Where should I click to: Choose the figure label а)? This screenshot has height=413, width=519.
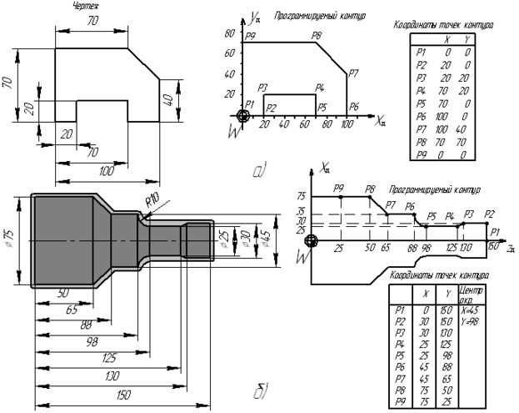[x=259, y=172]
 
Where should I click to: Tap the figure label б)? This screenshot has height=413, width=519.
[x=260, y=388]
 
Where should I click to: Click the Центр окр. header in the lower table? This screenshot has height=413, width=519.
[x=471, y=293]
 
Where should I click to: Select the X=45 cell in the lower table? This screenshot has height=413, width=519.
[x=471, y=309]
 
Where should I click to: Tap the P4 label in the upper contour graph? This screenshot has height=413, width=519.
[x=319, y=88]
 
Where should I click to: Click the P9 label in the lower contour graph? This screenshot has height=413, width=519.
[x=338, y=189]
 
